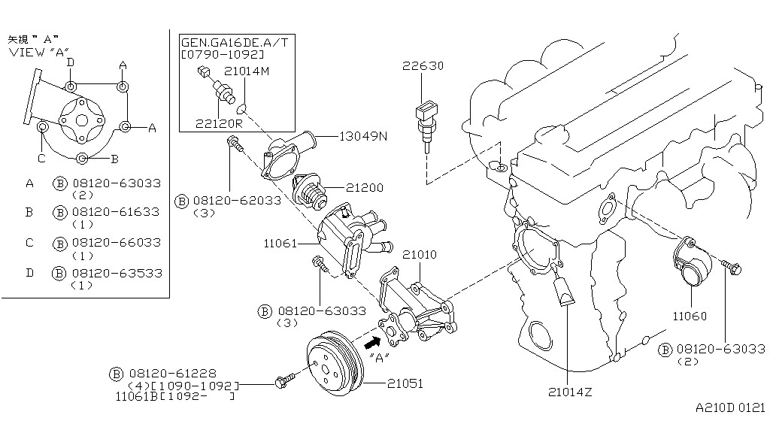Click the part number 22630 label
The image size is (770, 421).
click(x=422, y=66)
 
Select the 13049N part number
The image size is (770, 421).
click(x=363, y=137)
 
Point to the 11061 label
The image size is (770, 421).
click(x=281, y=244)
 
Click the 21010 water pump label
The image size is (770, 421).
click(x=418, y=256)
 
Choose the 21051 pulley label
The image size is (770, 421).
click(x=405, y=383)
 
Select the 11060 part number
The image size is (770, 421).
click(x=690, y=317)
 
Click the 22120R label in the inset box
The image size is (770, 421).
click(x=219, y=123)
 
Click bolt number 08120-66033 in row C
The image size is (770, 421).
click(x=117, y=243)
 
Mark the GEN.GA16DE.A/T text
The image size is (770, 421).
click(x=234, y=44)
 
